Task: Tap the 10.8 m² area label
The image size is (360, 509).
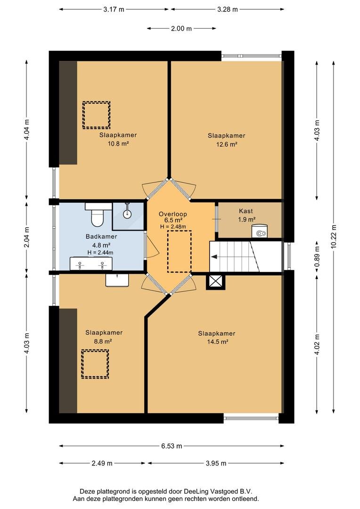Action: click(118, 143)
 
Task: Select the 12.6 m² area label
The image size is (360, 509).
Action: click(227, 145)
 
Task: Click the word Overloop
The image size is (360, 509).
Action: click(172, 214)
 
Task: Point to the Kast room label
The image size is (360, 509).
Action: click(246, 211)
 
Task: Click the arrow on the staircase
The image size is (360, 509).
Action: click(214, 257)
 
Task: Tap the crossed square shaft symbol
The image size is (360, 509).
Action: click(215, 281)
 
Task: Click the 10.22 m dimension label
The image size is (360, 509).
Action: click(334, 236)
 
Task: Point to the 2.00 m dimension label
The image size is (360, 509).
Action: click(181, 29)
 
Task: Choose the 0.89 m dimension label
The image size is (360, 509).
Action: click(317, 256)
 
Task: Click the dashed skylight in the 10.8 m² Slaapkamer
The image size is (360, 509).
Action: click(97, 115)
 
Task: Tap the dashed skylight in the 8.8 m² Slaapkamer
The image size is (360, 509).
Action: click(95, 364)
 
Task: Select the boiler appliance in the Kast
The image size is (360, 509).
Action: click(260, 231)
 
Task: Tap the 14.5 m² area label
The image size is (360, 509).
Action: click(218, 342)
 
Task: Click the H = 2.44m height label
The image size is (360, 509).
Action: click(100, 253)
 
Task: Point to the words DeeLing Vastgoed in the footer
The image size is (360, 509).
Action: click(211, 492)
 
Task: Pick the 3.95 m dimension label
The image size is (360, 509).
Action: click(216, 463)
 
